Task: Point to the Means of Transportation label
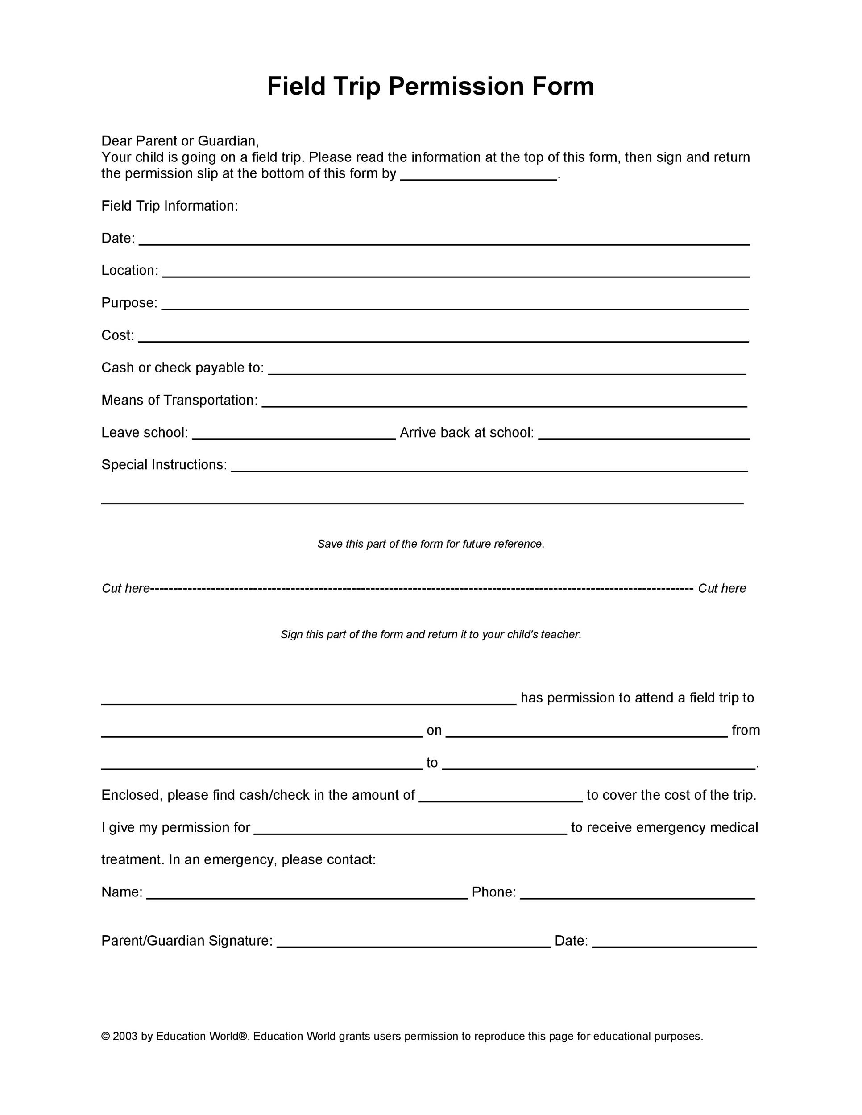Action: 179,400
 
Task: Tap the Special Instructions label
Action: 164,465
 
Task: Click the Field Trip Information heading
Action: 170,206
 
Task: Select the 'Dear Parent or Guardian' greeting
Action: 180,141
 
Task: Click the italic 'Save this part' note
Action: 431,544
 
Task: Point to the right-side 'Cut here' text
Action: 721,588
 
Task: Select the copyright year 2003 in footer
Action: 125,1037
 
